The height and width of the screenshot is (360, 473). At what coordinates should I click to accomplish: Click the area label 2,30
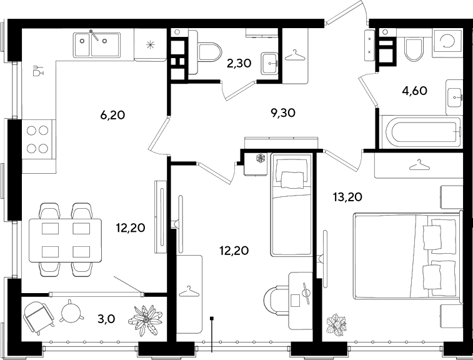click(x=239, y=63)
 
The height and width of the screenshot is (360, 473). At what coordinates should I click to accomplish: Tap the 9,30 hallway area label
click(x=283, y=113)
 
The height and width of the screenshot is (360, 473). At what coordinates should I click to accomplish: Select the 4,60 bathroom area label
click(x=415, y=90)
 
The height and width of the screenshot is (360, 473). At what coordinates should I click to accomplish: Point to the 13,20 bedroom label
click(x=347, y=197)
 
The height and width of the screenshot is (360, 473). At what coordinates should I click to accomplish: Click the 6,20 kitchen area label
click(x=112, y=115)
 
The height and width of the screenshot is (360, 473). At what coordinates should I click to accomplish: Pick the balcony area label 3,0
click(x=106, y=319)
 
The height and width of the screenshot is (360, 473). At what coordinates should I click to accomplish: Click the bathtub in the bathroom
click(x=421, y=132)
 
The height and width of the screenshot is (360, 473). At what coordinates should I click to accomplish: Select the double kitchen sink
click(x=96, y=44)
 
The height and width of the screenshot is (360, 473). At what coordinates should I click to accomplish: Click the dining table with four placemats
click(x=65, y=240)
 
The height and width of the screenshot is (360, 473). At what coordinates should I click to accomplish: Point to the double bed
click(x=407, y=256)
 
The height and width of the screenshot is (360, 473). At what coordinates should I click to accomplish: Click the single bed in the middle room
click(x=291, y=205)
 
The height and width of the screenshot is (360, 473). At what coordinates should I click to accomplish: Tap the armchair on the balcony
click(x=38, y=317)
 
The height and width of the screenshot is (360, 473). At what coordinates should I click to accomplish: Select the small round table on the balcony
click(x=71, y=312)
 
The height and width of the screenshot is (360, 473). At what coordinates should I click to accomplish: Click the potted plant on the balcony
click(x=145, y=319)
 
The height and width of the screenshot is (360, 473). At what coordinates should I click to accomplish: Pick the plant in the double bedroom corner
click(x=336, y=325)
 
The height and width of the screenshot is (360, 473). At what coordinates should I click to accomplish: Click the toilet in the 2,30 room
click(x=208, y=52)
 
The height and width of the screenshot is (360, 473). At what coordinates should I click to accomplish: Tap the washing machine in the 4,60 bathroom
click(x=447, y=43)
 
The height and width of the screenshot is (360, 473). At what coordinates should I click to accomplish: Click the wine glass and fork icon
click(x=38, y=70)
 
